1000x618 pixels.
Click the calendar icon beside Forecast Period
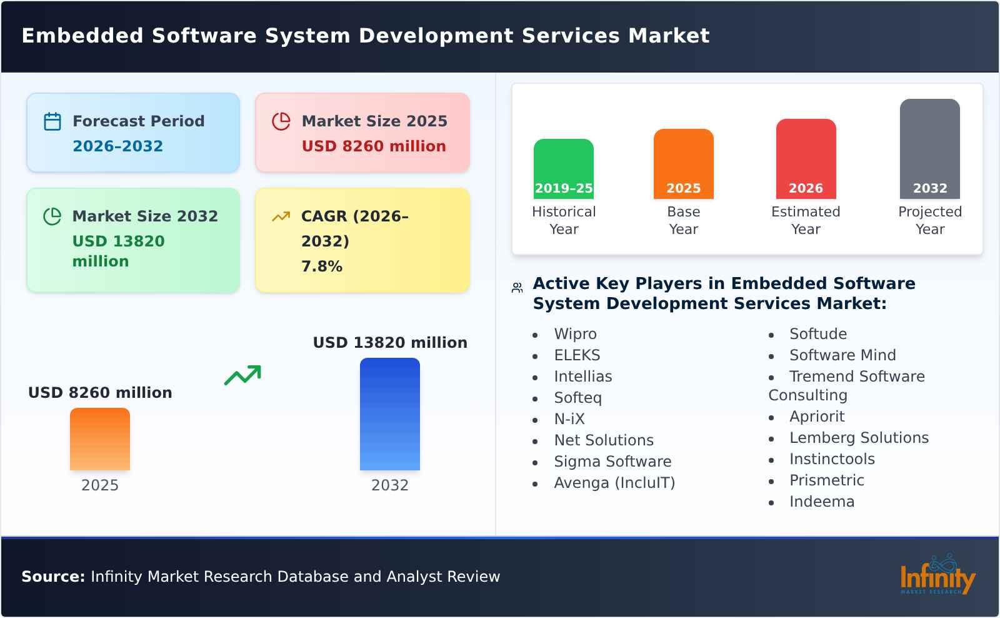coord(52,121)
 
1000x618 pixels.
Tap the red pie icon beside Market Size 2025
coord(281,121)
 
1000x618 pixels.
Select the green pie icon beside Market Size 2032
coord(52,216)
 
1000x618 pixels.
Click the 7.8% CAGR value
coord(322,266)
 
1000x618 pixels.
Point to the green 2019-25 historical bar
coord(563,168)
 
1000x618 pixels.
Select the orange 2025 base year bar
coord(683,163)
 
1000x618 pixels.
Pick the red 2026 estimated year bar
coord(806,158)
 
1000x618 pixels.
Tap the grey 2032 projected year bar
coord(929,148)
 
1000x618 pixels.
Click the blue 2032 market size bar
coord(389,413)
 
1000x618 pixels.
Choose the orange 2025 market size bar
coord(100,438)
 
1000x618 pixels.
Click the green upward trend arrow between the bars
coord(242,375)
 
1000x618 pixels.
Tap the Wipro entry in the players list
coord(575,334)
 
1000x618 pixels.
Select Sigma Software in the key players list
coord(612,462)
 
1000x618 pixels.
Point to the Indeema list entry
coord(821,502)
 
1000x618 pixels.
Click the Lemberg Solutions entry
coord(859,438)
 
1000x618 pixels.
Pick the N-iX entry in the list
coord(569,419)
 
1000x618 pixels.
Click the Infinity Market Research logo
coord(937,575)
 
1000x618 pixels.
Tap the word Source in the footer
coord(53,577)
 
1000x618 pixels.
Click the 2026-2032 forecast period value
coord(117,146)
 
